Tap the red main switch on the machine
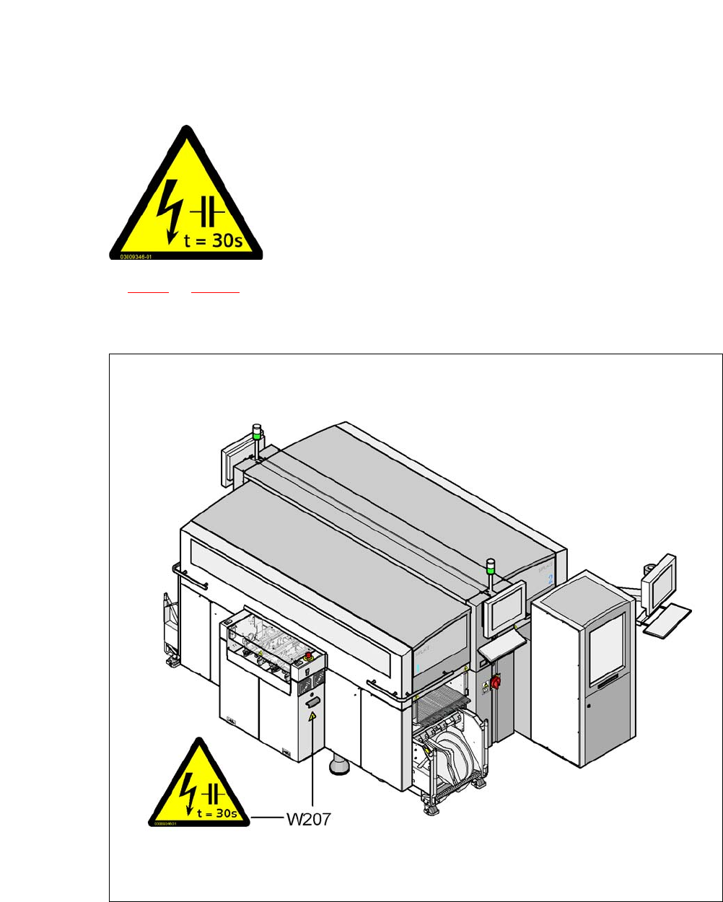(x=496, y=682)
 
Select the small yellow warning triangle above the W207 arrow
(x=312, y=717)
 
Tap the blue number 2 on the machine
(x=550, y=579)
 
